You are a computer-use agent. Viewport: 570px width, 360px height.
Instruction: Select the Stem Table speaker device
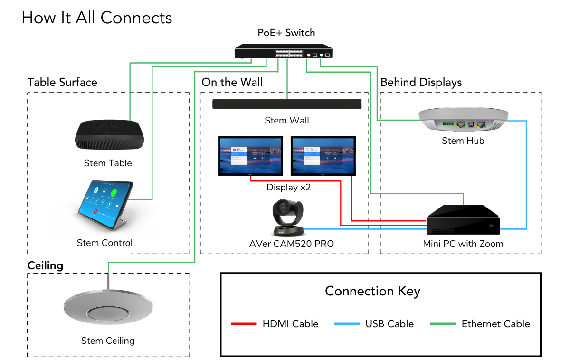(x=109, y=135)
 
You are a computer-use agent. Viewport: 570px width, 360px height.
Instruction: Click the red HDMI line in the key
(x=244, y=324)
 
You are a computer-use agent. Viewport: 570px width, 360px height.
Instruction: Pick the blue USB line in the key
(x=347, y=324)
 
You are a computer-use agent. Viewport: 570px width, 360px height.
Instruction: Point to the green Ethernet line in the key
(x=443, y=324)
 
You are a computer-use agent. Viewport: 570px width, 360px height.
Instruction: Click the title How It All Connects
(x=97, y=18)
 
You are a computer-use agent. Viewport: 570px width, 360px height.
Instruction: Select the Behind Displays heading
(x=421, y=82)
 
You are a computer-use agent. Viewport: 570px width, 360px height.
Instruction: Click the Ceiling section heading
(x=46, y=265)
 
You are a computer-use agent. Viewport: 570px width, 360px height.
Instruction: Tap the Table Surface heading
(x=62, y=82)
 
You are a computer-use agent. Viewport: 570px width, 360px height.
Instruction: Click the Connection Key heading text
(x=372, y=291)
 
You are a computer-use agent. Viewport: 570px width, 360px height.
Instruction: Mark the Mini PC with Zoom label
(x=463, y=244)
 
